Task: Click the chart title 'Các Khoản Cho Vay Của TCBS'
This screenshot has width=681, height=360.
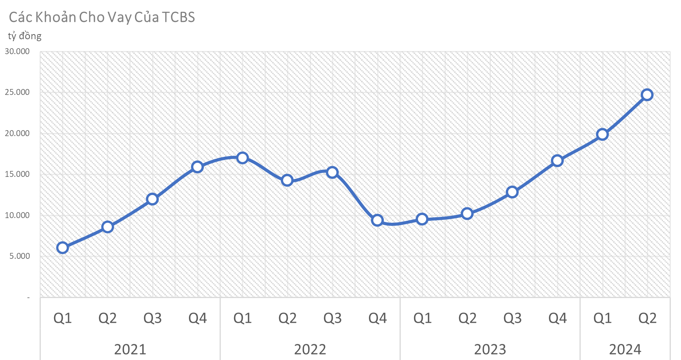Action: (102, 17)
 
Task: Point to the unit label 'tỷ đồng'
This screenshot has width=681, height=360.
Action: (25, 36)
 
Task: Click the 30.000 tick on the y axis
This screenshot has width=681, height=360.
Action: (17, 51)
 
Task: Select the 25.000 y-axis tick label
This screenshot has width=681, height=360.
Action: (17, 92)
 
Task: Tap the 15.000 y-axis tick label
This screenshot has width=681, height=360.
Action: (17, 174)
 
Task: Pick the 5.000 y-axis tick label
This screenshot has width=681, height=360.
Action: (20, 256)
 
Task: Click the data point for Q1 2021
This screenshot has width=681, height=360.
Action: (62, 247)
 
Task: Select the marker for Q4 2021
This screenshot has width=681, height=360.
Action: (197, 167)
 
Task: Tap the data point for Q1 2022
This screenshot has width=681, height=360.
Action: (242, 158)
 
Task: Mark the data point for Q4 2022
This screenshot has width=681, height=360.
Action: (377, 220)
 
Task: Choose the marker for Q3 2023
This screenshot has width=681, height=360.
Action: (512, 192)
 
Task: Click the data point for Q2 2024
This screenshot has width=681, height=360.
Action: (647, 95)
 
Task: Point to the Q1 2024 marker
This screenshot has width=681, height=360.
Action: (602, 135)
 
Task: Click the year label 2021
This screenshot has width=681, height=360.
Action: (130, 349)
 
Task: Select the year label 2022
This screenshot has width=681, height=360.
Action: (310, 349)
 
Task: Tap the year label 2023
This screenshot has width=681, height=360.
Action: (490, 349)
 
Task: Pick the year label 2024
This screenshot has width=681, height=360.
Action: (625, 349)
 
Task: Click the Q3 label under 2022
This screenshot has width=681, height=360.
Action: (332, 318)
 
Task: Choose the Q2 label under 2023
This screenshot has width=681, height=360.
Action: (467, 318)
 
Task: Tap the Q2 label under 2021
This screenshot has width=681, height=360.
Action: (107, 318)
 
